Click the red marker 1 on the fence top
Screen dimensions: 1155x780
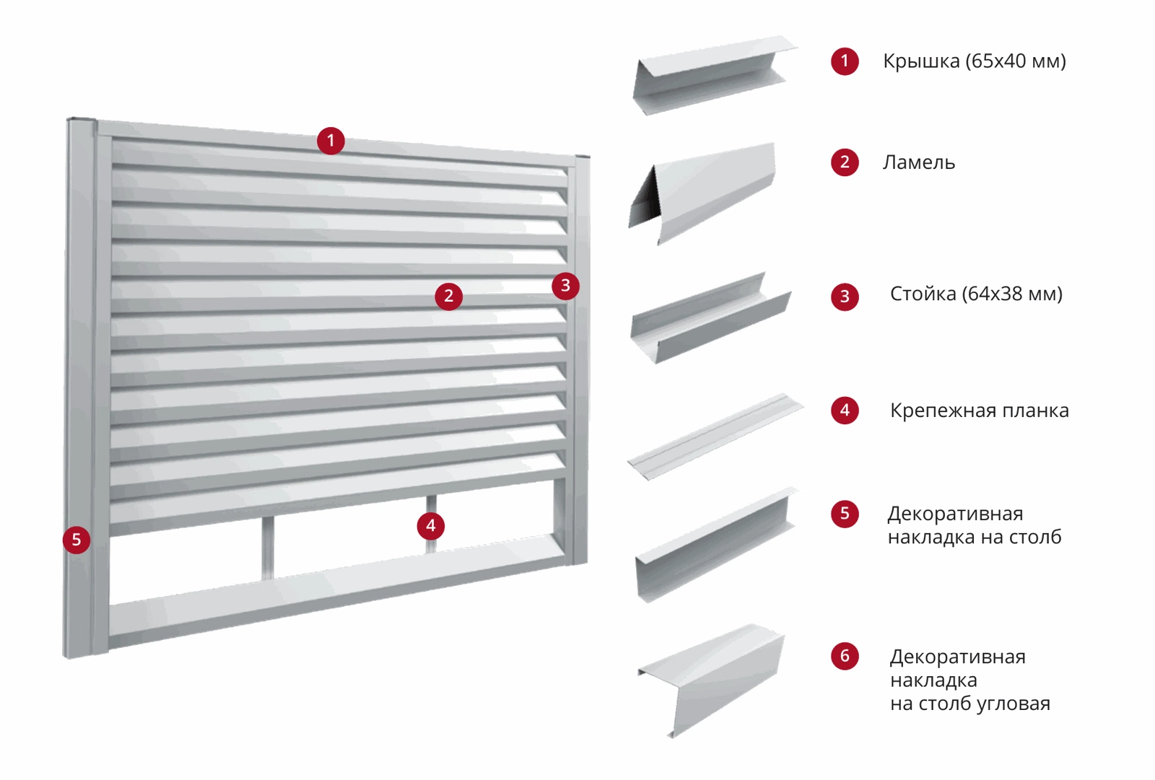(x=331, y=141)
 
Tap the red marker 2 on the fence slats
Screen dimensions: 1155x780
(x=448, y=296)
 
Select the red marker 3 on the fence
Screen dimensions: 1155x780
(x=566, y=286)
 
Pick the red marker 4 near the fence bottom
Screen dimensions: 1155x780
(x=430, y=526)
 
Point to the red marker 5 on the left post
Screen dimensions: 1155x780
(x=77, y=540)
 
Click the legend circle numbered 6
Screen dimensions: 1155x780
(x=845, y=656)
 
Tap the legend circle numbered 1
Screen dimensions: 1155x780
(x=845, y=61)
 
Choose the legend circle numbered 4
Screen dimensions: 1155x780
(x=845, y=411)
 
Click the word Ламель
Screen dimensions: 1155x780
(x=919, y=162)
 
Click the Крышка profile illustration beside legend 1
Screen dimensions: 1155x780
(x=715, y=75)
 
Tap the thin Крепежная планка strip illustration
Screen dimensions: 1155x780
(x=715, y=437)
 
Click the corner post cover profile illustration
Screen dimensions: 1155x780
(x=712, y=680)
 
